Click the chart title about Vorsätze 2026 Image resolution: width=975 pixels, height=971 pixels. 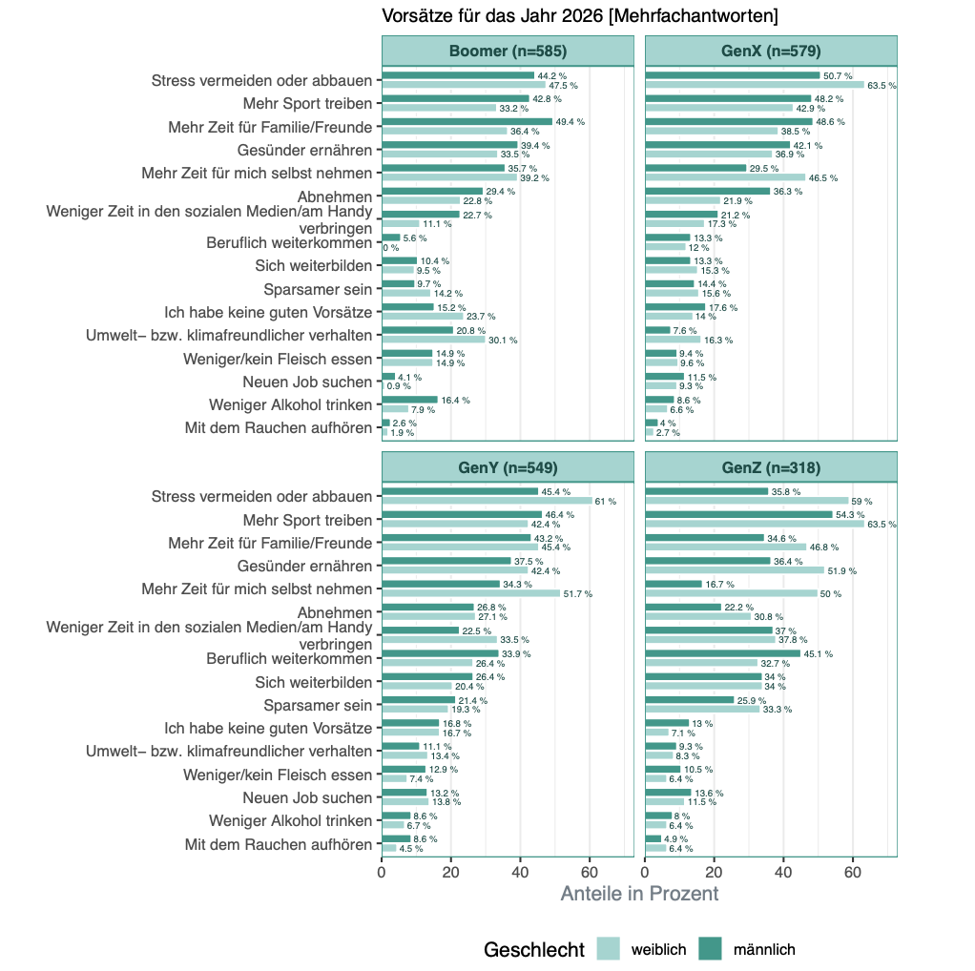click(579, 16)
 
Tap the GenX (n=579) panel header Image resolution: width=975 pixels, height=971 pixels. click(771, 52)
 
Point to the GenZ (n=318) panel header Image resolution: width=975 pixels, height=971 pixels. click(771, 467)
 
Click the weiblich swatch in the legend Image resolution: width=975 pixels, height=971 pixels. click(609, 949)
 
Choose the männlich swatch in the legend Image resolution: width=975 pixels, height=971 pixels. click(711, 949)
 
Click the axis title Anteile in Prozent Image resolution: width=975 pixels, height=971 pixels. click(639, 894)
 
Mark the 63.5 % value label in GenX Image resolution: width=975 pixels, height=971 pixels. click(882, 85)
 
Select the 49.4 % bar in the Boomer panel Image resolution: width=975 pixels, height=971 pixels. click(467, 122)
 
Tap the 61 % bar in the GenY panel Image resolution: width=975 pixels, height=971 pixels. click(487, 501)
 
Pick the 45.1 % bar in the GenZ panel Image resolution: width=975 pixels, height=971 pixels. click(723, 653)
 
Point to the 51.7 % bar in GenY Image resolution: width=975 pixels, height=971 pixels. click(471, 593)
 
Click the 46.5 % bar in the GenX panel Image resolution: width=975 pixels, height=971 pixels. click(726, 177)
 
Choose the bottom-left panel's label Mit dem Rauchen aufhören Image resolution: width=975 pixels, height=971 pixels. click(278, 844)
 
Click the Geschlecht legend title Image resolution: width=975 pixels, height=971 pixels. click(533, 949)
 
